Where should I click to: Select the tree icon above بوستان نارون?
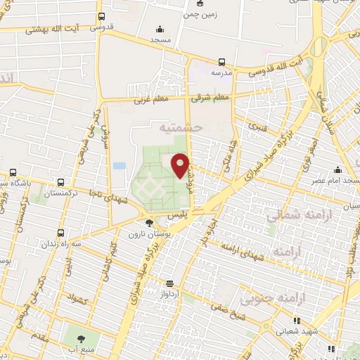pyautogui.click(x=149, y=223)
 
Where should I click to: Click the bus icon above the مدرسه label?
pyautogui.click(x=222, y=61)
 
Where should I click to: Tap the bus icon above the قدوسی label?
pyautogui.click(x=103, y=16)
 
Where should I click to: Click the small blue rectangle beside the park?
pyautogui.click(x=120, y=165)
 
